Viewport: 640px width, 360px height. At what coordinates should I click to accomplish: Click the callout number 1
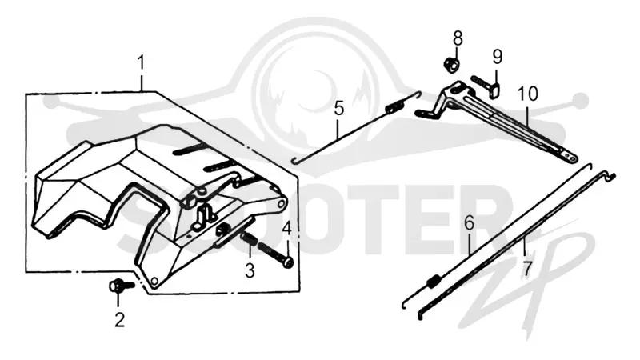141,64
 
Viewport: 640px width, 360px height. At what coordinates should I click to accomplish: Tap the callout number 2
119,320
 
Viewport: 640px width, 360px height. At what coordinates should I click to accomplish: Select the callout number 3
250,270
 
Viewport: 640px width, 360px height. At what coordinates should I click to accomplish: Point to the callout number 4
287,229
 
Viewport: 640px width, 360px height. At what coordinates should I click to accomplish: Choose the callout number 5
338,109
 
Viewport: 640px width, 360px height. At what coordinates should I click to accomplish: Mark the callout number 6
470,224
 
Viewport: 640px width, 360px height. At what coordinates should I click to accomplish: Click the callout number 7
528,269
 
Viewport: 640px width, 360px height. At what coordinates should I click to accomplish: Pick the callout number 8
458,38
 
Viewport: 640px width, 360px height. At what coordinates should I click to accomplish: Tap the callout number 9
497,57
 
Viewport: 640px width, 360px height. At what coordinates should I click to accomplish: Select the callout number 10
528,94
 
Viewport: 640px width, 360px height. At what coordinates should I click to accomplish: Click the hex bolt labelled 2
122,286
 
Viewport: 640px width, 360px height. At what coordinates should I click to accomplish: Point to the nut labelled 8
451,65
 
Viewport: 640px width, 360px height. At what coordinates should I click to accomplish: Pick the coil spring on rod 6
434,282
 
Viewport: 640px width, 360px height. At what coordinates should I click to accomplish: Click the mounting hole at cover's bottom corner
154,282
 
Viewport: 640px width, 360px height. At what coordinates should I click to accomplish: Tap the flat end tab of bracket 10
570,156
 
